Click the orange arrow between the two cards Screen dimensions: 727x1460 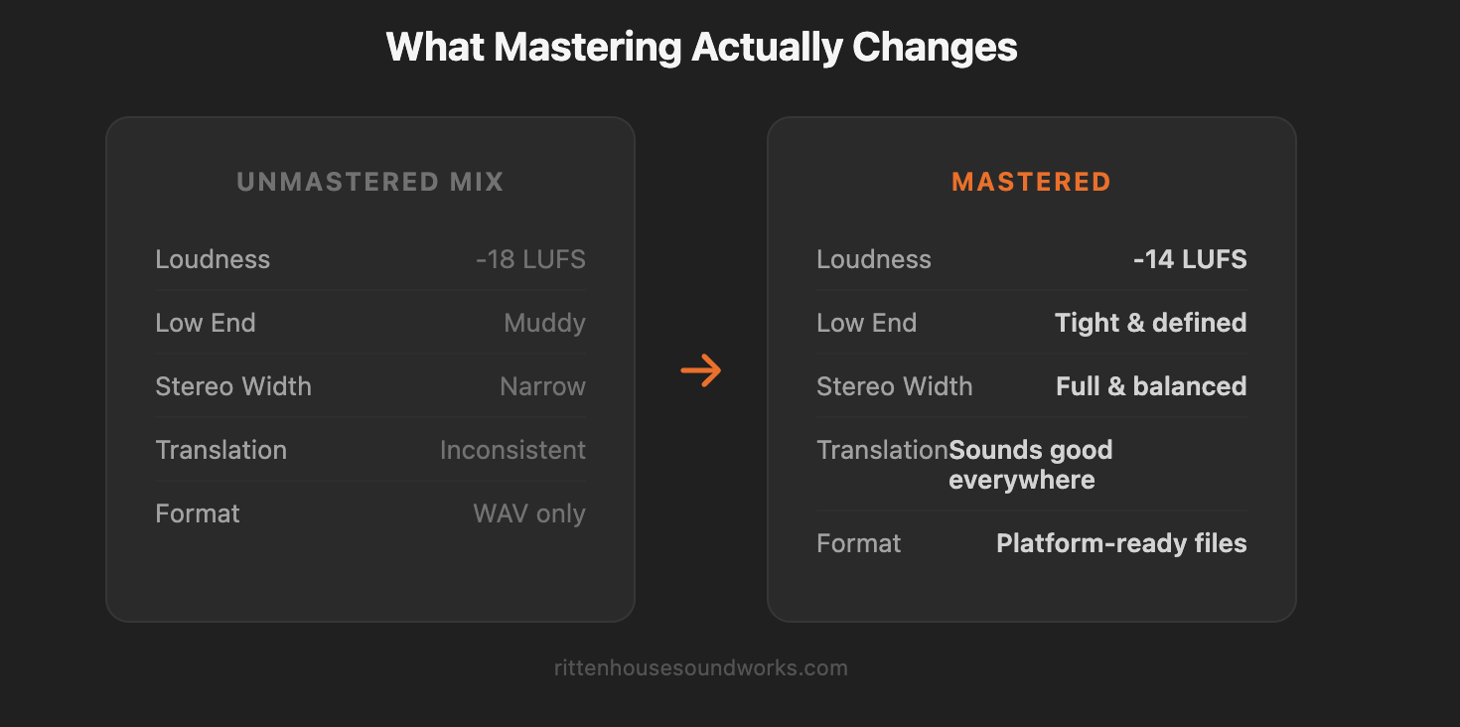701,370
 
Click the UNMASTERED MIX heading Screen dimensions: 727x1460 370,183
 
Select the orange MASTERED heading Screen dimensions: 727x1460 1031,183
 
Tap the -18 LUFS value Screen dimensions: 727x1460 530,260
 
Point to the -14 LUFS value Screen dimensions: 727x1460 1190,260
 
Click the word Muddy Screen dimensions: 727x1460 544,324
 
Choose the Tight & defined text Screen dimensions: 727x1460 1150,324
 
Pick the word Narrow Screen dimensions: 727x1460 542,387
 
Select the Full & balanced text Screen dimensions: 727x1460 1151,387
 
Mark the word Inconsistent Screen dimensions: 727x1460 512,451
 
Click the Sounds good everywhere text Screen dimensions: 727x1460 1030,465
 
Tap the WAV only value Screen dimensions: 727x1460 529,514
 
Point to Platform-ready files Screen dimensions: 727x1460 1121,544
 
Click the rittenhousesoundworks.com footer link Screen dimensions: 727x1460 701,668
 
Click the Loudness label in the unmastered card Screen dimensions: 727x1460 213,260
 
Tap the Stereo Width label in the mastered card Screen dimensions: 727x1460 894,387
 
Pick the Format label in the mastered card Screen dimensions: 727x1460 858,544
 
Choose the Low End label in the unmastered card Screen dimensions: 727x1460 206,324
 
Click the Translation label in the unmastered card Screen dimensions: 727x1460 220,451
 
